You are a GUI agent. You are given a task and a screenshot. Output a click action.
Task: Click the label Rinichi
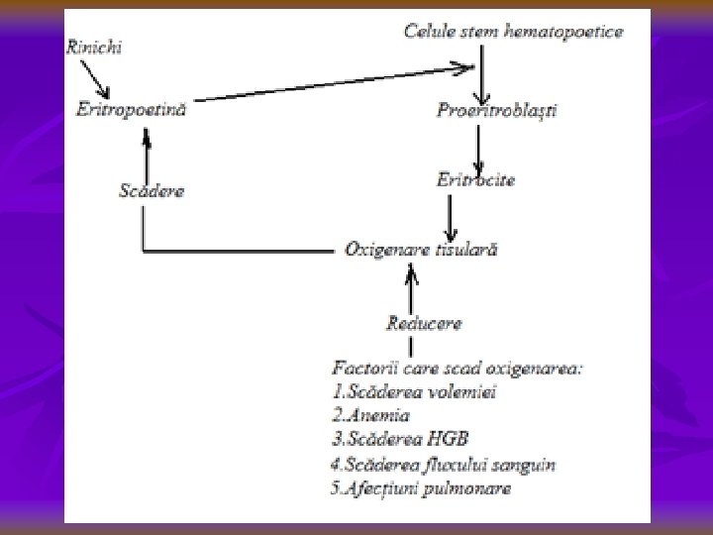pyautogui.click(x=94, y=48)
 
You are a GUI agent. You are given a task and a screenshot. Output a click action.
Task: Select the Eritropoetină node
pyautogui.click(x=132, y=109)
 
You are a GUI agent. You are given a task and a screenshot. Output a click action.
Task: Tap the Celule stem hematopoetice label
pyautogui.click(x=513, y=32)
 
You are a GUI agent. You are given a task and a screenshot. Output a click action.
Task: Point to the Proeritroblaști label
pyautogui.click(x=496, y=110)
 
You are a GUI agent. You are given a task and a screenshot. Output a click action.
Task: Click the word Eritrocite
pyautogui.click(x=475, y=180)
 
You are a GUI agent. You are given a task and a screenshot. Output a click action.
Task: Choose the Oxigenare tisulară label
pyautogui.click(x=421, y=250)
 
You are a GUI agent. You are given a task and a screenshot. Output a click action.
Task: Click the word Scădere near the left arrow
pyautogui.click(x=151, y=190)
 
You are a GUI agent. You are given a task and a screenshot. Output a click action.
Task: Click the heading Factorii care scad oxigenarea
pyautogui.click(x=458, y=369)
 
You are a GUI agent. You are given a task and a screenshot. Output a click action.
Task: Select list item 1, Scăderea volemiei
pyautogui.click(x=415, y=391)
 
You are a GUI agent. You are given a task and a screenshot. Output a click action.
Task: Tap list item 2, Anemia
pyautogui.click(x=371, y=416)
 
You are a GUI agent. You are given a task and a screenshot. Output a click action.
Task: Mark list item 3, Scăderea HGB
pyautogui.click(x=401, y=440)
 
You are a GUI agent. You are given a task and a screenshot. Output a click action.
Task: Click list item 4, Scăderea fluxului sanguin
pyautogui.click(x=443, y=464)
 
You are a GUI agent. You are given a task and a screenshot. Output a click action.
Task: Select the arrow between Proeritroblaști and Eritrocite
pyautogui.click(x=479, y=146)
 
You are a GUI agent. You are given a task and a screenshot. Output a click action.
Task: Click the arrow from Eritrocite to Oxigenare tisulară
pyautogui.click(x=452, y=214)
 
